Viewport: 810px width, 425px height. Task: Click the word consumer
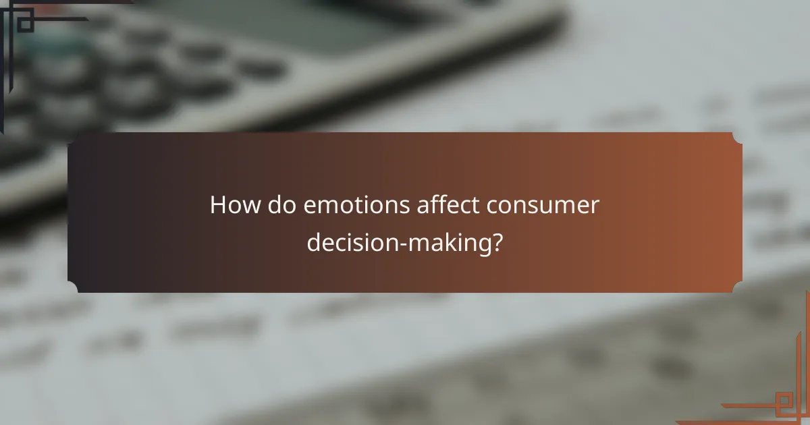pyautogui.click(x=536, y=205)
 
